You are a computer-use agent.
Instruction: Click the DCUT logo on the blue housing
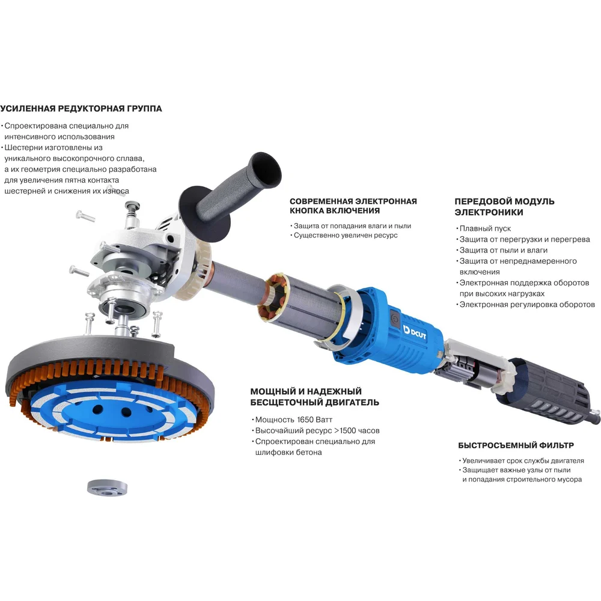(414, 332)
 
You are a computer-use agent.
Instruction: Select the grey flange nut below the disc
(108, 487)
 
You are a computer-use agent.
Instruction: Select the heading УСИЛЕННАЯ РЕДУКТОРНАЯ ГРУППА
(81, 108)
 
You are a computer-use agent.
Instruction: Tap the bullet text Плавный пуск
(485, 228)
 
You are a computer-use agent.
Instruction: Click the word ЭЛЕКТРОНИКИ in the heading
(489, 212)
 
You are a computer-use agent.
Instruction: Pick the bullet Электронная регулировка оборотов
(527, 305)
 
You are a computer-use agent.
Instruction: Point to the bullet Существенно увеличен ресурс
(346, 236)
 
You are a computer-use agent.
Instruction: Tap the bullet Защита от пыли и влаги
(503, 250)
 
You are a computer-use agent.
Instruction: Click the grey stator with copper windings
(299, 303)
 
